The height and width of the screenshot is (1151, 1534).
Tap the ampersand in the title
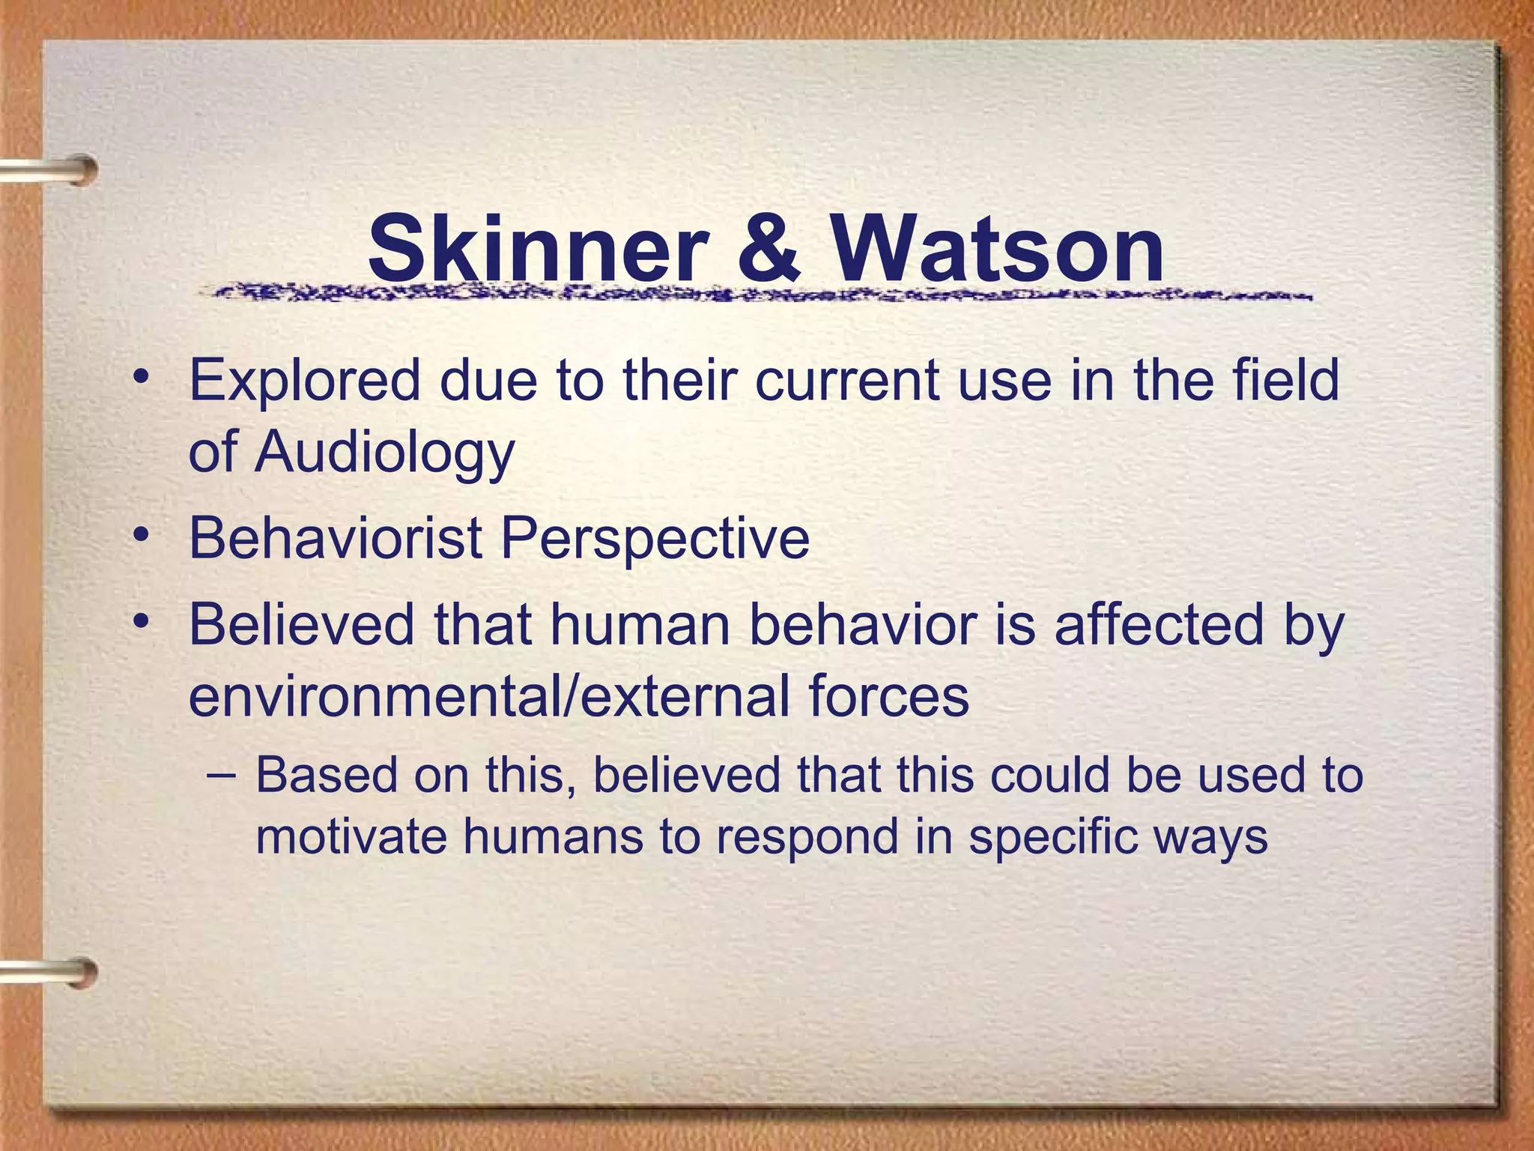click(x=769, y=247)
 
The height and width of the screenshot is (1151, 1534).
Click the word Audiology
click(x=384, y=453)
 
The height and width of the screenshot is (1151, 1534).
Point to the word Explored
click(x=305, y=380)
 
